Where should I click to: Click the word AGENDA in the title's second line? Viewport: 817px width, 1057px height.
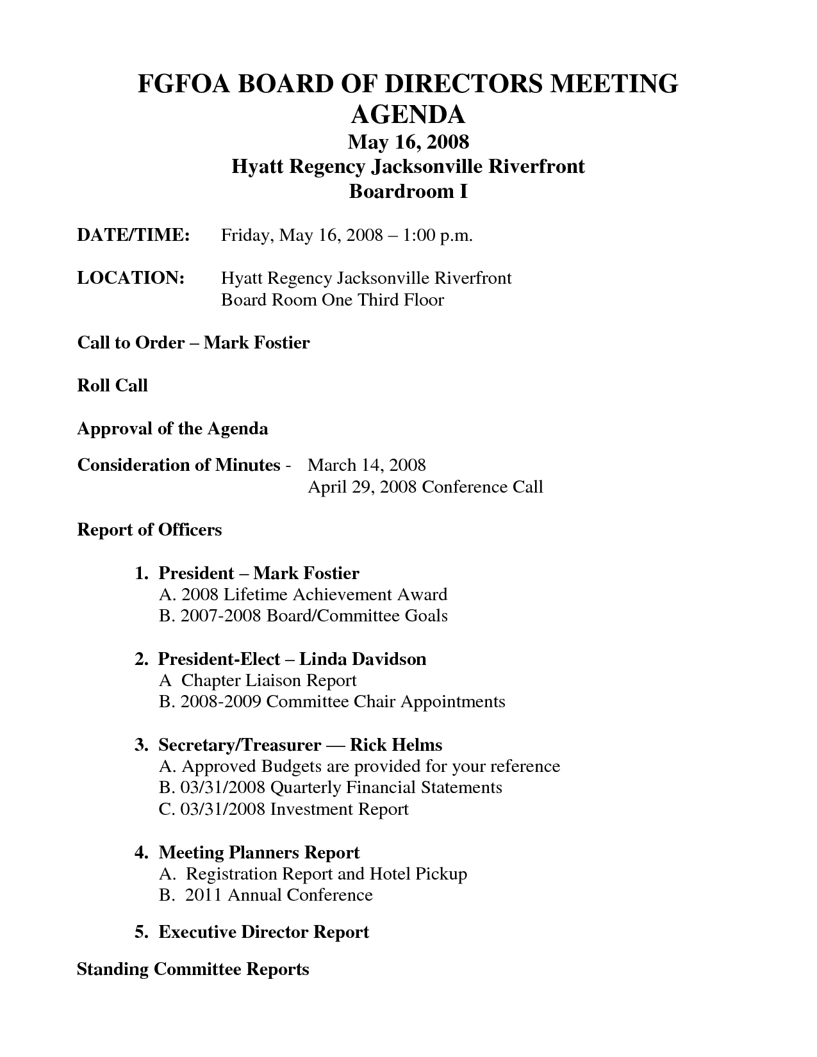click(408, 114)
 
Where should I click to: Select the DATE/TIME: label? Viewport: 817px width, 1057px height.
click(133, 235)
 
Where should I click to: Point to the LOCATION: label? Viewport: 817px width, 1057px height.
click(131, 278)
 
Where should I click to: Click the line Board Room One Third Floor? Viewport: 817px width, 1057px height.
click(332, 300)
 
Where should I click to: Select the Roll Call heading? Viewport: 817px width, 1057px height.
click(113, 386)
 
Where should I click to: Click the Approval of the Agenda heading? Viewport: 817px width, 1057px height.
click(172, 429)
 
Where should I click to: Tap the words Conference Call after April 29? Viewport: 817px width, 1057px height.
click(482, 487)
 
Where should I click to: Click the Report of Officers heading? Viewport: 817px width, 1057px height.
click(149, 530)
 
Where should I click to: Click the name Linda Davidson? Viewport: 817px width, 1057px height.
click(363, 659)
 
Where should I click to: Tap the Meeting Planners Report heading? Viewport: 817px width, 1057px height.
click(259, 853)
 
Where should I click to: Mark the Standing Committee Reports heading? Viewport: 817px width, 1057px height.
click(193, 969)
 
